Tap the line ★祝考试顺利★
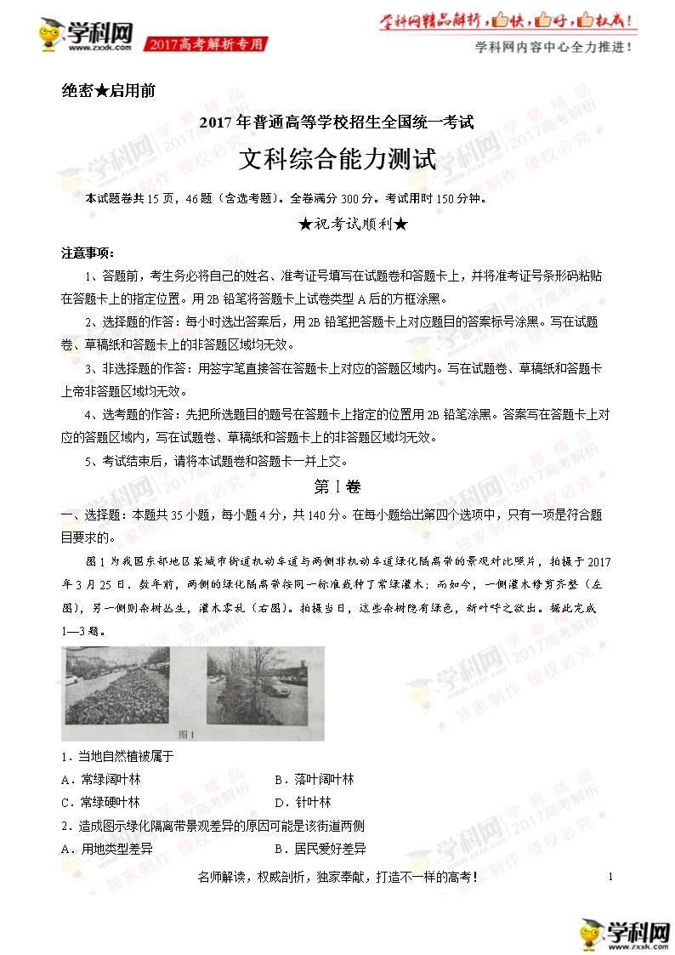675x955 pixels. click(x=337, y=225)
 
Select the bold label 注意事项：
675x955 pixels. click(x=88, y=253)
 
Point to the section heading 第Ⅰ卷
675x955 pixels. click(x=337, y=487)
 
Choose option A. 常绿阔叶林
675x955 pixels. click(x=100, y=779)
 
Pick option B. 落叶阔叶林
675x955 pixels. click(x=314, y=779)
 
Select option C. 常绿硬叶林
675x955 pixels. click(x=100, y=802)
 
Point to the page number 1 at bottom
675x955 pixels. click(x=610, y=877)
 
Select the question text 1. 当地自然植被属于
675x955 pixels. click(x=117, y=756)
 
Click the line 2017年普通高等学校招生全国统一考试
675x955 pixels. click(x=337, y=122)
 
